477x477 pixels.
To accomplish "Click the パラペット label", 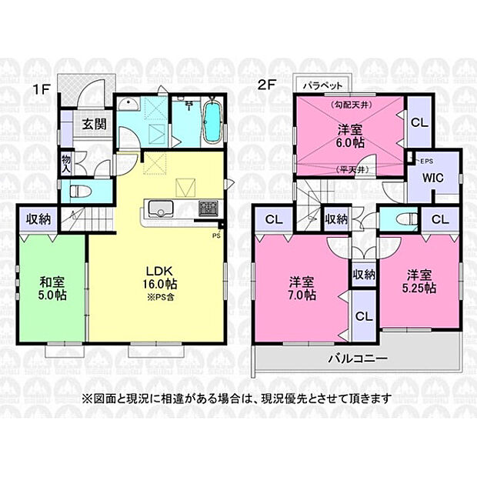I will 322,85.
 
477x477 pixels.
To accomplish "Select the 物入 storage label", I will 67,162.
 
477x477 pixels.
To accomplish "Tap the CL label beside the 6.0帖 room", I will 419,122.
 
